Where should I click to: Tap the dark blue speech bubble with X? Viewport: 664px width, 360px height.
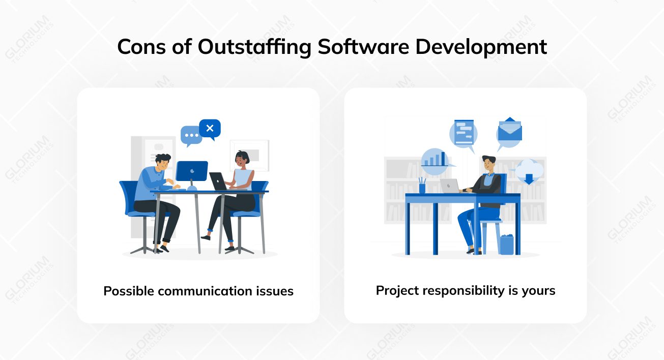tap(210, 129)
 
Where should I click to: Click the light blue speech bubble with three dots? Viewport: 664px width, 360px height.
tap(191, 136)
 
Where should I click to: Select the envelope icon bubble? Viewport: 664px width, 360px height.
tap(509, 131)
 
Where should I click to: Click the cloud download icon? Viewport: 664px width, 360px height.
tap(529, 172)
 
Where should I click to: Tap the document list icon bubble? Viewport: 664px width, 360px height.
tap(464, 132)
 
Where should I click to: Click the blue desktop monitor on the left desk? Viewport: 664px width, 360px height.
tap(192, 171)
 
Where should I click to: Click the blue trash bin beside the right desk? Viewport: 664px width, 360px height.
tap(506, 245)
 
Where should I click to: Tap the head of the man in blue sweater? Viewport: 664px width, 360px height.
tap(163, 163)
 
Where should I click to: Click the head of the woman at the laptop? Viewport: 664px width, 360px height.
tap(241, 159)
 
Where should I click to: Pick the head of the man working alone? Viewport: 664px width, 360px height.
tap(488, 163)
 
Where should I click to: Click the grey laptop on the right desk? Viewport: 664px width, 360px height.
tap(450, 186)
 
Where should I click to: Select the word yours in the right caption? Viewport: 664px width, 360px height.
tap(538, 291)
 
